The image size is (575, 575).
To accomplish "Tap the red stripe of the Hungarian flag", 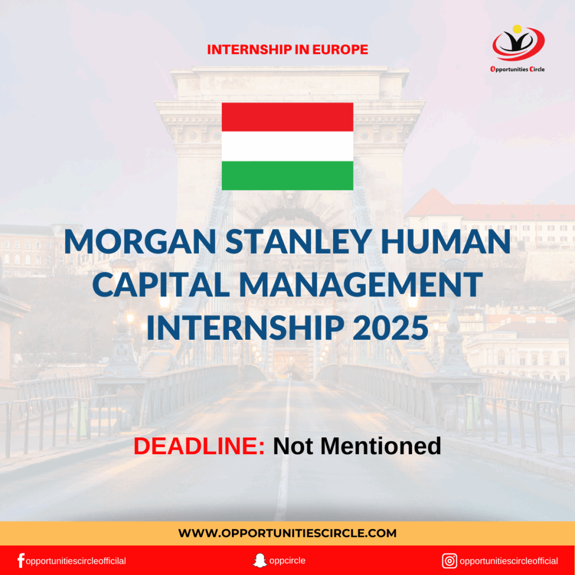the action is coord(287,117).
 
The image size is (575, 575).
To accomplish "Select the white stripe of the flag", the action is coord(287,147).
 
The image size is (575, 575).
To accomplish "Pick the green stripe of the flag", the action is coord(287,175).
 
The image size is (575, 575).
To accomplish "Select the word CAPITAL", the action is coord(161,285).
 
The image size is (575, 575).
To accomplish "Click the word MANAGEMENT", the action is coord(361,285).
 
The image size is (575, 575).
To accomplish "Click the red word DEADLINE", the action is coord(199,446).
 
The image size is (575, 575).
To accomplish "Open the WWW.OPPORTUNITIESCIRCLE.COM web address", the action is coord(287,533).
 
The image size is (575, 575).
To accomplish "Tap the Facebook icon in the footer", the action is coord(21,561).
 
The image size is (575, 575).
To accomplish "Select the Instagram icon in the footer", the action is coord(449,561).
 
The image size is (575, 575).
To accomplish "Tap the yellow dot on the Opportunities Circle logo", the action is coord(517,29).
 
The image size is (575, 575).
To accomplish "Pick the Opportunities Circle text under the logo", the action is coord(517,69).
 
